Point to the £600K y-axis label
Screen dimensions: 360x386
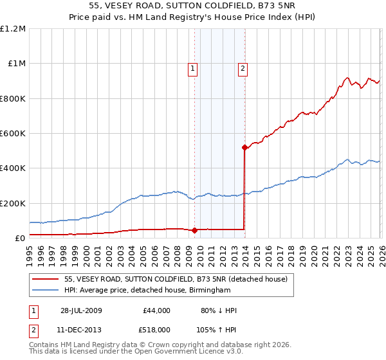tap(12, 133)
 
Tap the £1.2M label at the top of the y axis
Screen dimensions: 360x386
tap(13, 29)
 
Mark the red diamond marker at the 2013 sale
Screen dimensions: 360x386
tap(244, 148)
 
